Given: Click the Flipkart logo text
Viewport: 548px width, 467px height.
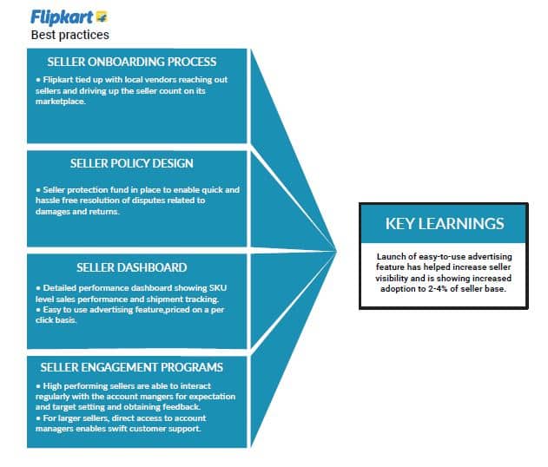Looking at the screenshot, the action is (x=62, y=17).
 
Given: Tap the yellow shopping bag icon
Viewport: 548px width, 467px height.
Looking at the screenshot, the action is (x=102, y=16).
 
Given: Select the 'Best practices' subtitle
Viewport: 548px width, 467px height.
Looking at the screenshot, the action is (x=69, y=35).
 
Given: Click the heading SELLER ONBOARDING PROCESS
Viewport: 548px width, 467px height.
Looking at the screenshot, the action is (x=132, y=62).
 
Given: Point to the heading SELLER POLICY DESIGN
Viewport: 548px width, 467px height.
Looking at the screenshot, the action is (x=132, y=163).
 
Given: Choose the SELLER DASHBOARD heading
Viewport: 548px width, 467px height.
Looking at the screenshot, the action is (x=132, y=267).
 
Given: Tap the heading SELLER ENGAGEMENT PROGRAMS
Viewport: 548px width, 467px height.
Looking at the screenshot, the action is (x=132, y=367).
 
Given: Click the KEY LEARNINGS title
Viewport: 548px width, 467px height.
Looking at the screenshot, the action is (x=445, y=224).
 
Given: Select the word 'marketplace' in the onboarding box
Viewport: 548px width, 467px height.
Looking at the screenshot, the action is (x=60, y=102).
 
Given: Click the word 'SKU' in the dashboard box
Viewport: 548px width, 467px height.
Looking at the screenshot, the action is (x=218, y=288).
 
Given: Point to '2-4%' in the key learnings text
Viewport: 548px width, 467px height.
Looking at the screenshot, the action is (x=438, y=289).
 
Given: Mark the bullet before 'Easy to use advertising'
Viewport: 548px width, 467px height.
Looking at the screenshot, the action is (x=38, y=310).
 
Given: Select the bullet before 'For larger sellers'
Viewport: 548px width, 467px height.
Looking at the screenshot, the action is (x=38, y=418).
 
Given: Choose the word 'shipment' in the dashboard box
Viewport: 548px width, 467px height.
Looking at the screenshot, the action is (x=164, y=299).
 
